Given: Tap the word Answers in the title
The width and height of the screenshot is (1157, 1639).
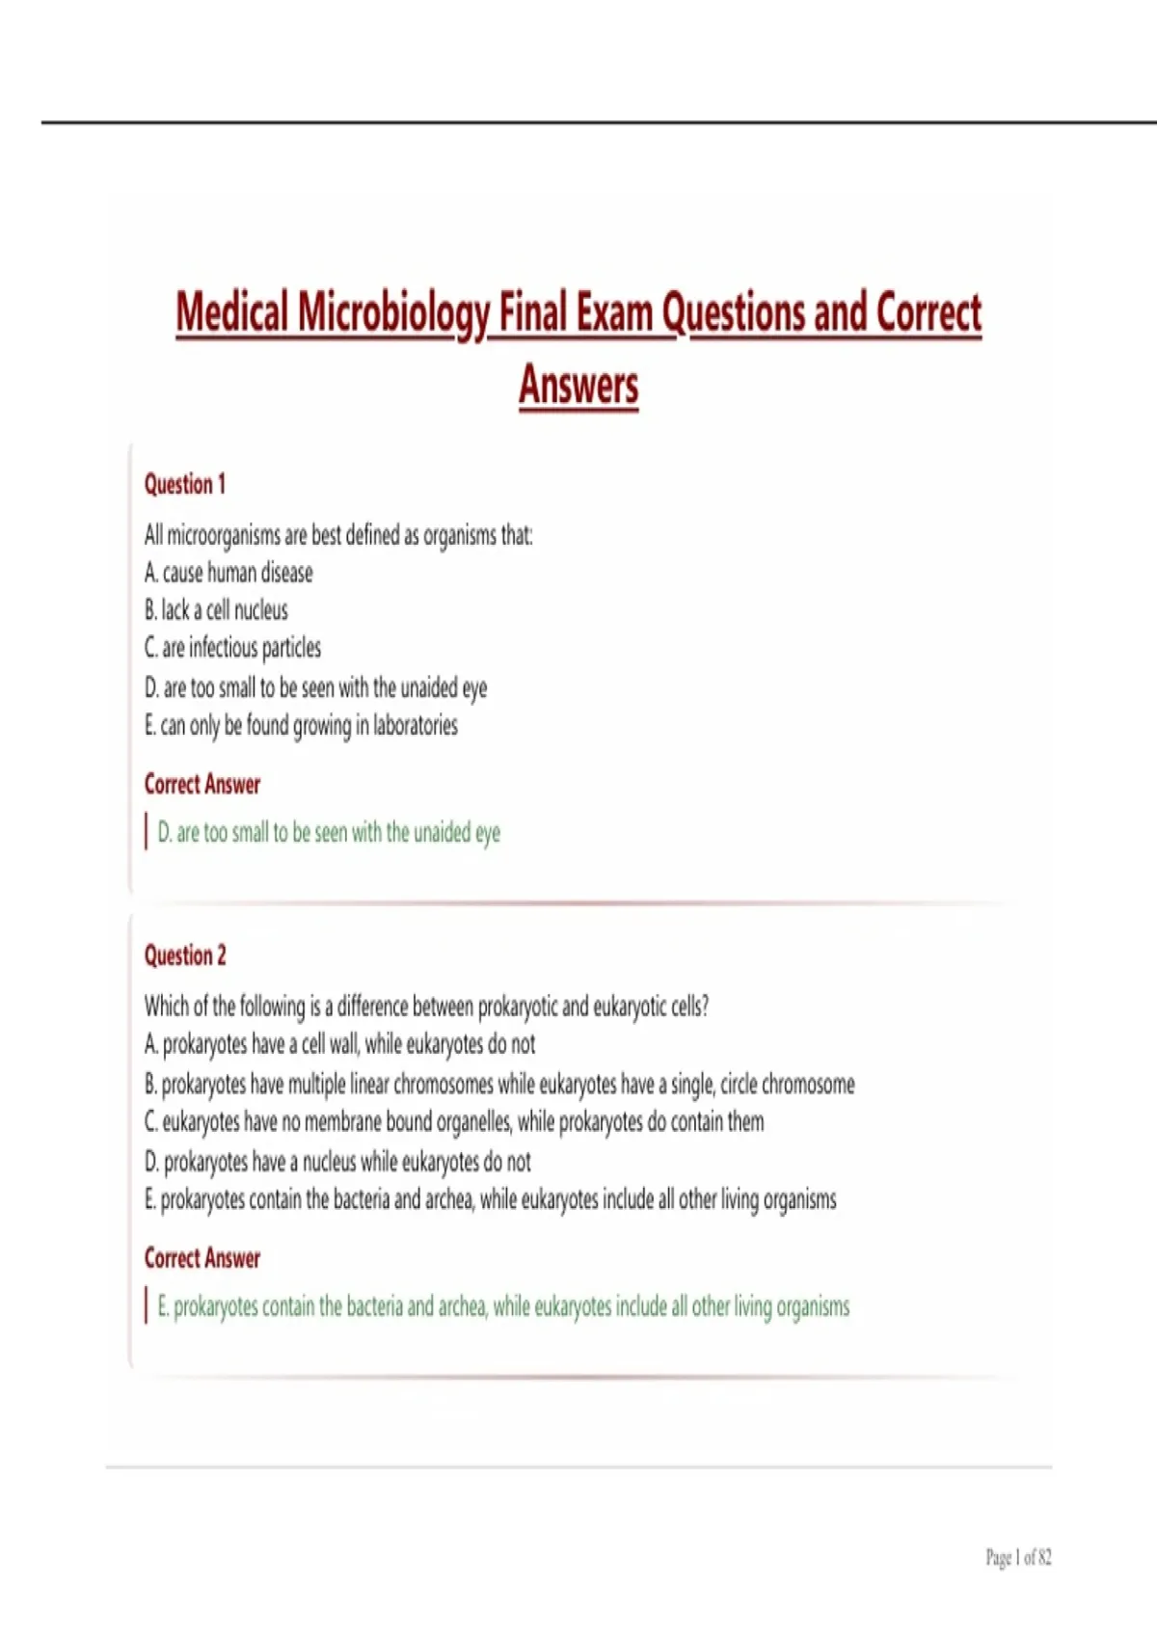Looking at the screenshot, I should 578,385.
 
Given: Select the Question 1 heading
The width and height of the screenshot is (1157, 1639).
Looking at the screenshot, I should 185,484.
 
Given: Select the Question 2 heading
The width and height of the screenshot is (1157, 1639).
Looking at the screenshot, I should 185,955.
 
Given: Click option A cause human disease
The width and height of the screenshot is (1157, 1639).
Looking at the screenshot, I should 229,573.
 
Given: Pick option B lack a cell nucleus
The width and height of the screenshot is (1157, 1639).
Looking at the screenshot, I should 216,610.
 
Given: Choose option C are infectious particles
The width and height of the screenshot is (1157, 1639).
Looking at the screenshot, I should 232,648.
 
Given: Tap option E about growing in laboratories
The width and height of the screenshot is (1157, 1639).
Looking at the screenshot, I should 301,725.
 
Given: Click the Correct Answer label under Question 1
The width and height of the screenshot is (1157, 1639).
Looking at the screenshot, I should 202,785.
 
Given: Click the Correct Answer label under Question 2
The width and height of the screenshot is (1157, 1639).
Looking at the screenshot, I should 202,1258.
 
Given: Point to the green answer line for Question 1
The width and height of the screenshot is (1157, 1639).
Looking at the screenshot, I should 329,833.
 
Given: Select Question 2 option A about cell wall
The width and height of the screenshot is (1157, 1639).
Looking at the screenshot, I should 339,1045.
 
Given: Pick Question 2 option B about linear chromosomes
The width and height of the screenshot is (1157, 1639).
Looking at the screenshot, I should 499,1085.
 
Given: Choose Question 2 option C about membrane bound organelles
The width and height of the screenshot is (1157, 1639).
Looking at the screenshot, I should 454,1122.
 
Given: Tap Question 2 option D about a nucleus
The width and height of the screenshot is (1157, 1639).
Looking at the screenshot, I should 337,1162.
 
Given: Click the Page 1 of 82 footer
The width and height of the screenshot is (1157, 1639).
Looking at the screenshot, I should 1018,1557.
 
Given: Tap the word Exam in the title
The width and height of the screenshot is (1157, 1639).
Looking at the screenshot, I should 614,314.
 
